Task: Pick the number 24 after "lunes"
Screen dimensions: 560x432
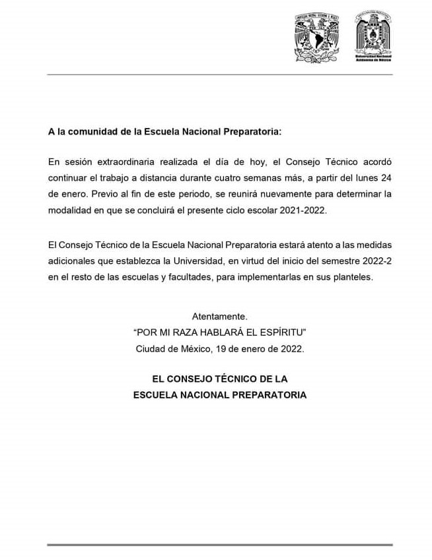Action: pos(386,177)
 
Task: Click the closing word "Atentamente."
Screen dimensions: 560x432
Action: pos(219,317)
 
